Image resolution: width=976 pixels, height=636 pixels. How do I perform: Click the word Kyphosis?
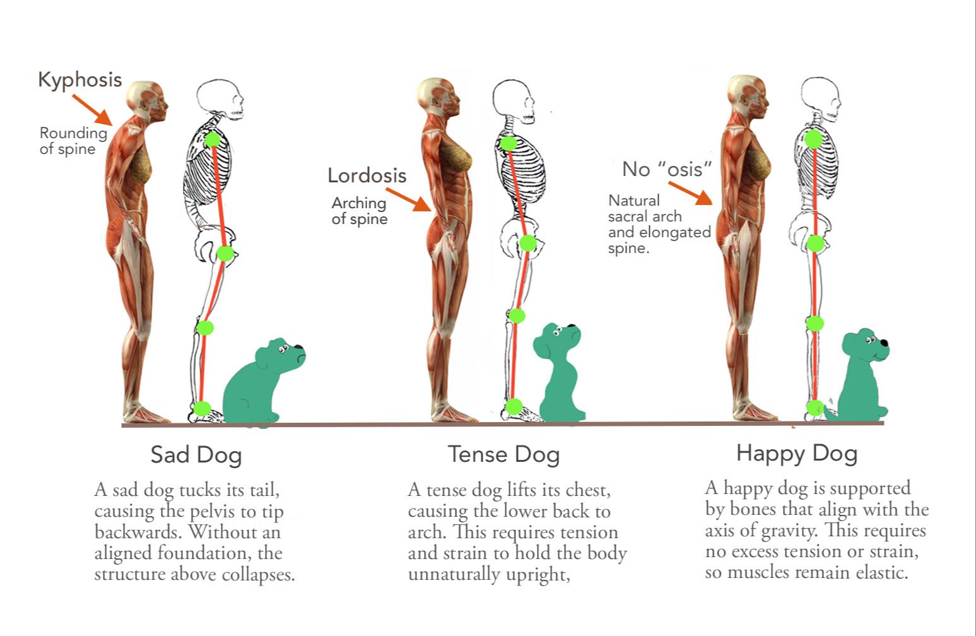[79, 79]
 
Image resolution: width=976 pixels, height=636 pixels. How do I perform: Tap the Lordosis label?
[367, 175]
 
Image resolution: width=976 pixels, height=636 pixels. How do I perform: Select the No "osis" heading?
[667, 169]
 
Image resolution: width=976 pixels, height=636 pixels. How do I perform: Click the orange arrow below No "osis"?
[690, 193]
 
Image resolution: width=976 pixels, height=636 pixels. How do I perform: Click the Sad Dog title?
[196, 454]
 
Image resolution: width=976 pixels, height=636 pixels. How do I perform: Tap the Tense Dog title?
[503, 454]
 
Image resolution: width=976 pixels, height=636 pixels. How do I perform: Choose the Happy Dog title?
[796, 453]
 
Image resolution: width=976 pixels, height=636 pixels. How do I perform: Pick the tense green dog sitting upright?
[558, 372]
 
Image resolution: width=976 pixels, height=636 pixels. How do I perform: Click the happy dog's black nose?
[884, 343]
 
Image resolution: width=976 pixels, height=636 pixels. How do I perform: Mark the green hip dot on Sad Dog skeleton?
[225, 254]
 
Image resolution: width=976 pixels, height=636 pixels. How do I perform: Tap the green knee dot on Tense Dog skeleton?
[517, 315]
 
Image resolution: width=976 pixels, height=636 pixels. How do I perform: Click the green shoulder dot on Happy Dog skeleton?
[814, 139]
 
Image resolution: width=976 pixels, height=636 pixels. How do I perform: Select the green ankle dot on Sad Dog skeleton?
[202, 408]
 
